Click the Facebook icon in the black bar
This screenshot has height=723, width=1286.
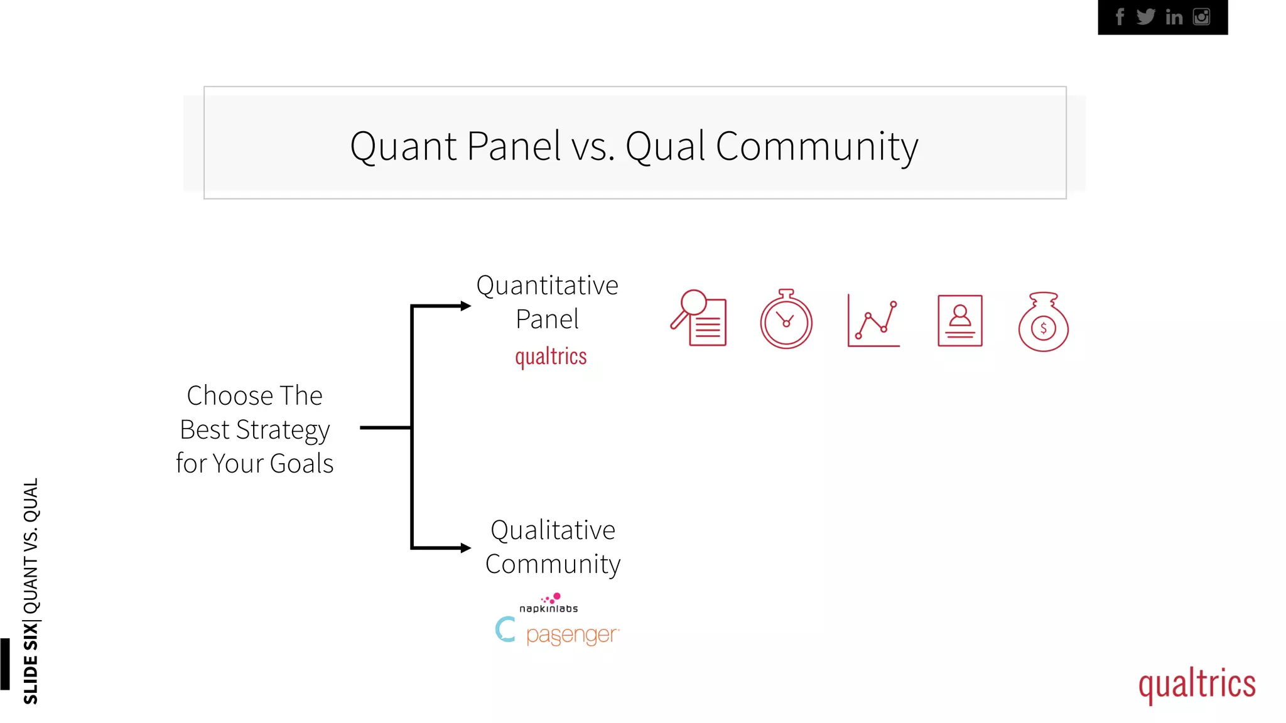point(1120,17)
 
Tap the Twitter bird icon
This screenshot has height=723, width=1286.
point(1145,17)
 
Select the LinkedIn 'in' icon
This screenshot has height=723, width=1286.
point(1174,17)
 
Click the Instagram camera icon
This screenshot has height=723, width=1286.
point(1201,17)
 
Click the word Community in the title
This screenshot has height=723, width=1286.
point(816,146)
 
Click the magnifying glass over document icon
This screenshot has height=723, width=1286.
point(699,318)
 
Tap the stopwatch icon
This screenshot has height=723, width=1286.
point(786,319)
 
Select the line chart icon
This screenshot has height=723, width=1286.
point(873,321)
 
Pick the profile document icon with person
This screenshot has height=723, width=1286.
point(959,321)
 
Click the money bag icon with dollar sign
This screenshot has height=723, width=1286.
point(1043,322)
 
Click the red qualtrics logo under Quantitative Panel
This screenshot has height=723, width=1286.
point(551,356)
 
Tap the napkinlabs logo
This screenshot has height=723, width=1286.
point(549,603)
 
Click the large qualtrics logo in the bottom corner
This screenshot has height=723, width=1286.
point(1197,684)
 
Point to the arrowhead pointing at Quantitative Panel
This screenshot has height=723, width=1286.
point(465,306)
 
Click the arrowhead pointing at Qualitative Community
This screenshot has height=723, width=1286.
point(465,548)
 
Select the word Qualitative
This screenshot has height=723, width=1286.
point(553,530)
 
